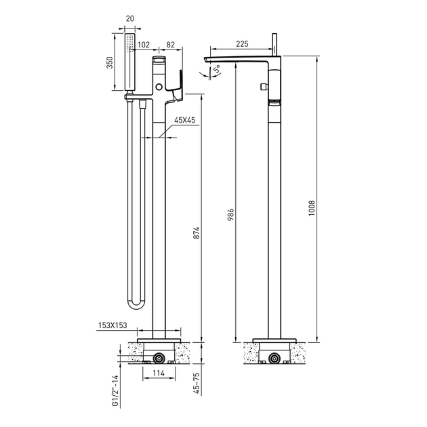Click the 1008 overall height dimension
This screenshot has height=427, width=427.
click(x=312, y=208)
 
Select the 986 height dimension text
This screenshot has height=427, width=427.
click(x=230, y=215)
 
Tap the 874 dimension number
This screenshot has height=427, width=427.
click(x=197, y=233)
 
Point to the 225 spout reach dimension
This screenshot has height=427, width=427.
click(x=242, y=44)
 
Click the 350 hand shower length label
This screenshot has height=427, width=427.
click(x=109, y=62)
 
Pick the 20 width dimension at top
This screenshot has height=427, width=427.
click(x=130, y=18)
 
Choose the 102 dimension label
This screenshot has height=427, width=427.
click(x=144, y=45)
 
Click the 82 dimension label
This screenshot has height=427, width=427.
click(x=171, y=45)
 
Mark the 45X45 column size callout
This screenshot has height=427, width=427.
click(x=185, y=120)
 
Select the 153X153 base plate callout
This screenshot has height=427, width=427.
click(x=113, y=325)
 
